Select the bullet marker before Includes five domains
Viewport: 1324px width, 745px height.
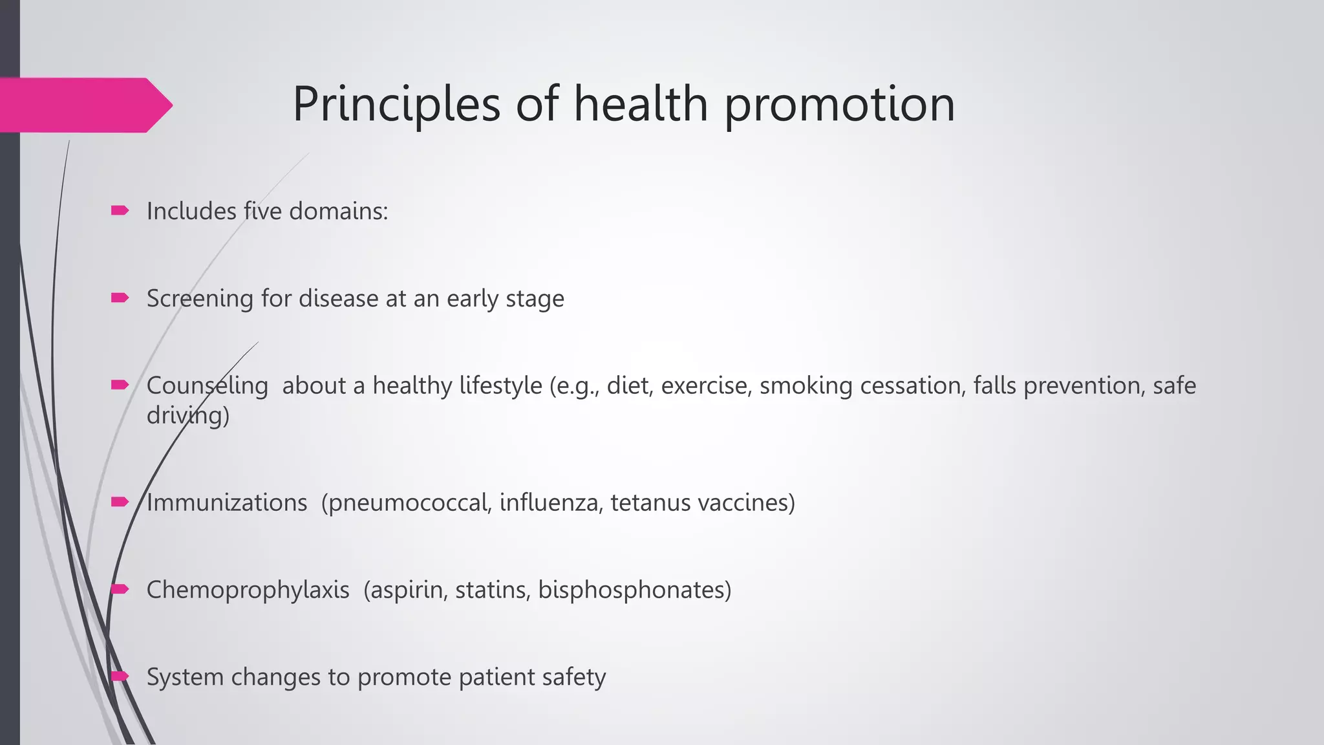120,210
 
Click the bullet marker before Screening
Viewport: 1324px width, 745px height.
120,297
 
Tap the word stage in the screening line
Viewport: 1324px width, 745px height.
535,299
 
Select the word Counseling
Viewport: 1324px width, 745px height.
207,386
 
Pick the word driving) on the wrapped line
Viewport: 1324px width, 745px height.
187,415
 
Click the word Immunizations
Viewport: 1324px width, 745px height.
226,503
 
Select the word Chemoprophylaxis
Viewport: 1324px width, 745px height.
248,590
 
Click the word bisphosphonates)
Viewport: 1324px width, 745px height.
634,590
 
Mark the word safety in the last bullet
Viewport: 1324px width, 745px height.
574,678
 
